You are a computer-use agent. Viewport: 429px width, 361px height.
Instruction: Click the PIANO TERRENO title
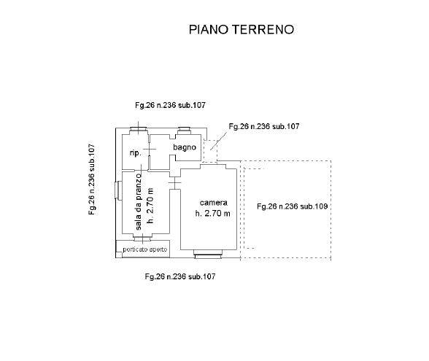click(x=241, y=29)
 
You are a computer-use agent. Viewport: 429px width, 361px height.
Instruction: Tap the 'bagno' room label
click(x=185, y=147)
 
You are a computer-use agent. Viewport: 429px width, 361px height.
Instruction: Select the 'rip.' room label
click(x=136, y=153)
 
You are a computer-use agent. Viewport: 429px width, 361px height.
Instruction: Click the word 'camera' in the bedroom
click(x=213, y=203)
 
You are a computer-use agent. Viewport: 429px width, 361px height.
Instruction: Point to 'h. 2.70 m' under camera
click(x=212, y=213)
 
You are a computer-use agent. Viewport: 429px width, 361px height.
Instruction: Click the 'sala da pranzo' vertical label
click(x=139, y=201)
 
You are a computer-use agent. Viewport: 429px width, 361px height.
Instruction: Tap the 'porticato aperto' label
click(x=145, y=249)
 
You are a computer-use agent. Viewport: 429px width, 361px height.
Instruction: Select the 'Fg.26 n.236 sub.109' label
click(x=292, y=206)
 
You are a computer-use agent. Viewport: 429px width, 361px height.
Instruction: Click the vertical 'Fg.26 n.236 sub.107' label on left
click(x=92, y=179)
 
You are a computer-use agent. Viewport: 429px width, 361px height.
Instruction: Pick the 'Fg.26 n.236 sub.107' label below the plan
click(x=180, y=276)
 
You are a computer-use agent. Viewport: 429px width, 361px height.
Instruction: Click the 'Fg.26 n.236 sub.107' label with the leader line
click(x=264, y=126)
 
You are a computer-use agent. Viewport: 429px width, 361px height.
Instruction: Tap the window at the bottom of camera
click(x=208, y=255)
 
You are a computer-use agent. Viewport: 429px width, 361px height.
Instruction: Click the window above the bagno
click(x=184, y=131)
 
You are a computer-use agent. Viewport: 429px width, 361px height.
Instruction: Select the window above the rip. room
click(x=138, y=131)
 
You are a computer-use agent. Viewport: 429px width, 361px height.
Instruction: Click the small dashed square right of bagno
click(x=210, y=150)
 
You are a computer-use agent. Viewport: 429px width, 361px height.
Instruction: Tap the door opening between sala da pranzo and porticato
click(x=142, y=238)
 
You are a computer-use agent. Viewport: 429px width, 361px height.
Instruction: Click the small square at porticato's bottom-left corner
click(x=119, y=255)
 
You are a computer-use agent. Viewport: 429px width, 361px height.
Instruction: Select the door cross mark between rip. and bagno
click(x=150, y=149)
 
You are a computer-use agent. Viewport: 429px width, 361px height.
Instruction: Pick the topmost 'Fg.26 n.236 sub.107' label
click(x=170, y=105)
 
